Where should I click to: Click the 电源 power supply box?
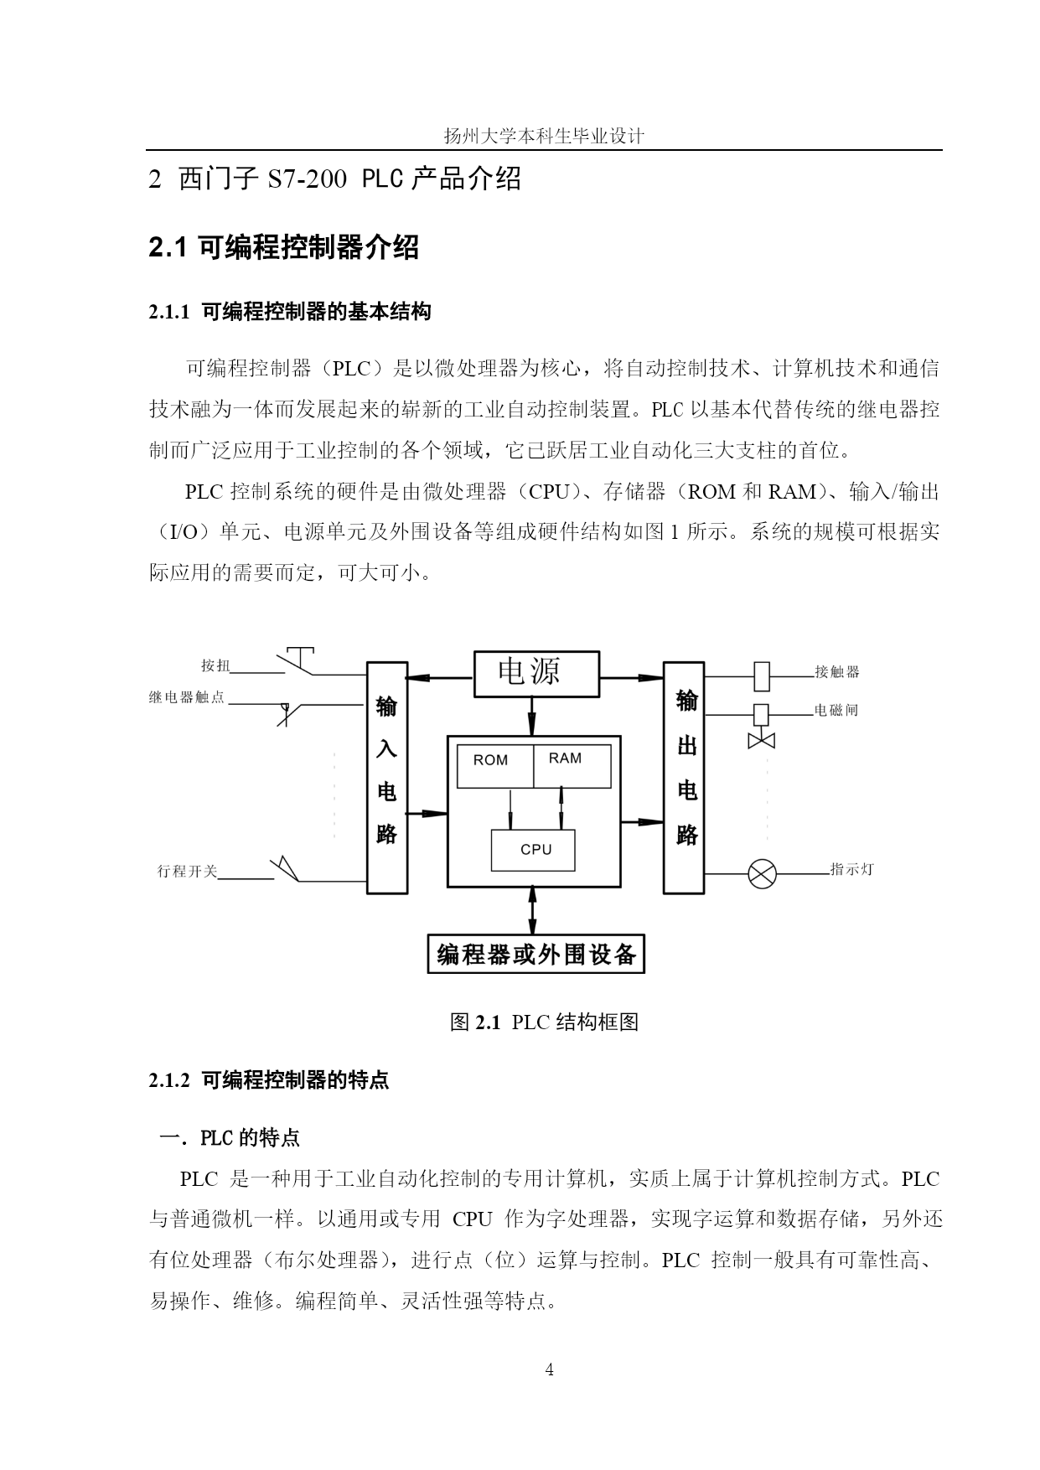(537, 673)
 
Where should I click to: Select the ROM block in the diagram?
(494, 766)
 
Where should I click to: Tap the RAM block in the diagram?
(572, 766)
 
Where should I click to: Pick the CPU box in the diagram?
(533, 851)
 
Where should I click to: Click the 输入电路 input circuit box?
(387, 778)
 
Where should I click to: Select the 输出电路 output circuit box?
(685, 778)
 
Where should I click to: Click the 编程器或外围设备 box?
(536, 954)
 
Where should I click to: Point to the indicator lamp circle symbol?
(762, 873)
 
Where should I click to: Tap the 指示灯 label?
(851, 869)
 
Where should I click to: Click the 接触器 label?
(837, 671)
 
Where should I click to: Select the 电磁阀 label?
(836, 711)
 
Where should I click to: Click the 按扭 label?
(215, 665)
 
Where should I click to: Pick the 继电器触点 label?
(187, 697)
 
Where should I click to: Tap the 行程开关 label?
(187, 872)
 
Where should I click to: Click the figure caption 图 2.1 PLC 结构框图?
(545, 1022)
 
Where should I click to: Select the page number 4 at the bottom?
(550, 1370)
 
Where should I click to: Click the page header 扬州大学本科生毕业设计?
(544, 136)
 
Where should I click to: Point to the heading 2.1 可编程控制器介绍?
(283, 247)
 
